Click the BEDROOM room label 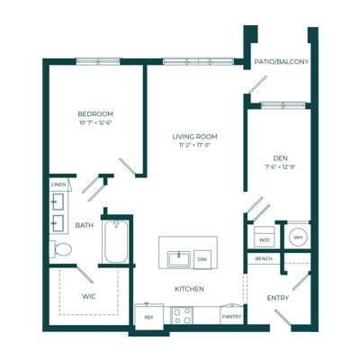pos(95,114)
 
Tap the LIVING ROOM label pos(194,137)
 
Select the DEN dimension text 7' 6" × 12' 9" pos(281,167)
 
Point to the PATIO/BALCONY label pos(282,62)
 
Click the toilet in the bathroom pos(60,249)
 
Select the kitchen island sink pos(179,259)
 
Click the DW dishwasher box pos(202,259)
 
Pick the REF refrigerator pos(149,317)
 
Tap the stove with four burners pos(182,315)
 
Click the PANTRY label pos(231,317)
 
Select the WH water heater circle pos(298,238)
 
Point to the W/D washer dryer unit pos(265,237)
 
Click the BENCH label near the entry pos(264,258)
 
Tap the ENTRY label pos(278,298)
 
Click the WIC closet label pos(89,297)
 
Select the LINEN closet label pos(58,184)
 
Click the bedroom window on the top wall pos(98,62)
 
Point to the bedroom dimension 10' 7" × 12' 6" pos(95,122)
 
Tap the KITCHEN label pos(189,289)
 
